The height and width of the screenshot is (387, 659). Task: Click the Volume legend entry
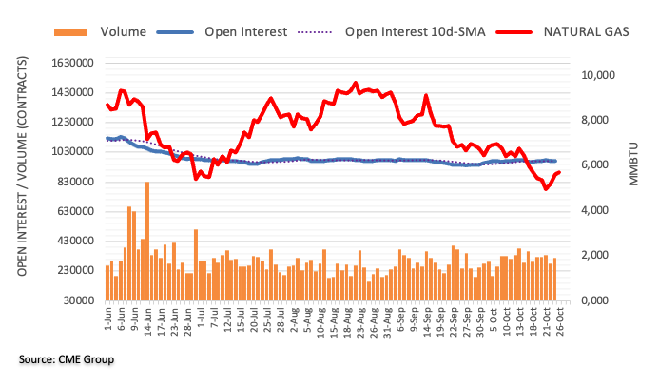point(123,32)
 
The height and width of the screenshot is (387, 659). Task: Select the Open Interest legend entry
point(245,32)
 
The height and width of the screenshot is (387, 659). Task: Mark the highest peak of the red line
point(355,83)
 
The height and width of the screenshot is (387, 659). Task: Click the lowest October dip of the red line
point(546,189)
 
